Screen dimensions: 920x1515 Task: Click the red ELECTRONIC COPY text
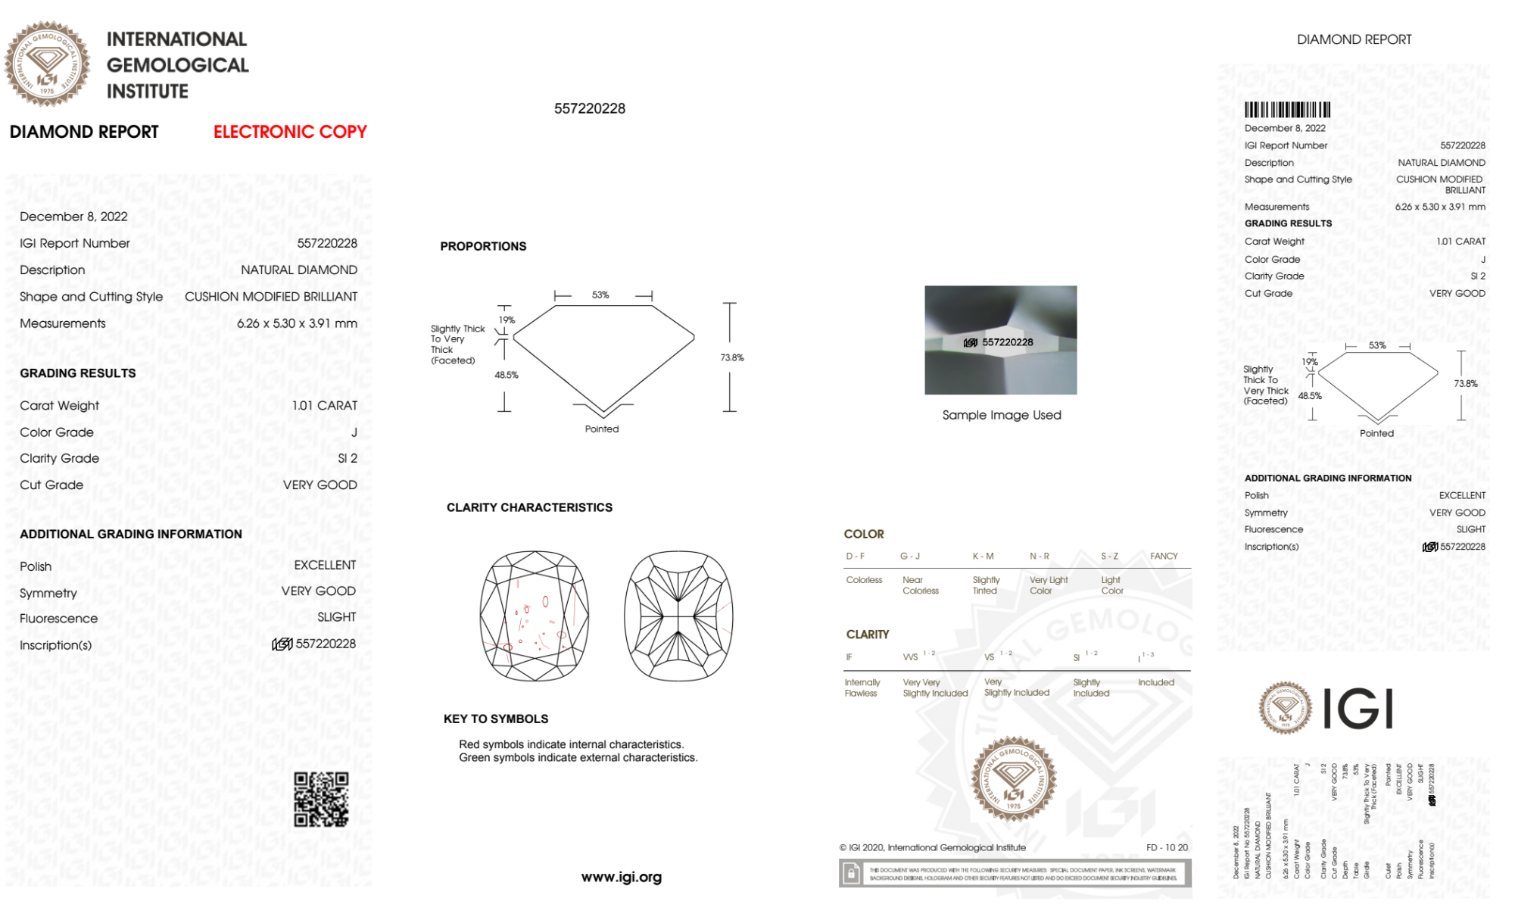pos(290,132)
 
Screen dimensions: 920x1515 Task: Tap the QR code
pos(321,800)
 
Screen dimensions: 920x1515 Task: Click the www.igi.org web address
pos(621,877)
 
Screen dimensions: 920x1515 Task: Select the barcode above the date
pos(1287,110)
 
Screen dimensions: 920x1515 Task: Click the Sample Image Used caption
pos(1001,415)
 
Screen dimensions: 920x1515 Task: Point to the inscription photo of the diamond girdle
pos(1000,340)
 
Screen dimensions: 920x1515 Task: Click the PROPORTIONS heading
pos(483,246)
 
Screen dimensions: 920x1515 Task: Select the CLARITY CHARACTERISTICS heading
pos(529,507)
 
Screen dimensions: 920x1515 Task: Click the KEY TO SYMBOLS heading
pos(496,719)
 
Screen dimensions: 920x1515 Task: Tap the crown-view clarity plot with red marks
pos(535,616)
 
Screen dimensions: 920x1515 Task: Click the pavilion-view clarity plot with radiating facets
pos(678,616)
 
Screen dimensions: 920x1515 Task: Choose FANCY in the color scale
pos(1164,556)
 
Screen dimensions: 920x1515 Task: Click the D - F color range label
pos(856,556)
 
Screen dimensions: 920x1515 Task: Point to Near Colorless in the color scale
pos(920,585)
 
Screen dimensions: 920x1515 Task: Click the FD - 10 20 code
pos(1167,847)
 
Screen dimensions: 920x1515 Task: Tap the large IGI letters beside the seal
pos(1358,709)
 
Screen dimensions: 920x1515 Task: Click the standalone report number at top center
pos(590,108)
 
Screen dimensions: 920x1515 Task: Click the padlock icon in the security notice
pos(851,875)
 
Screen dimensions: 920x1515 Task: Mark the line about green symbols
pos(578,757)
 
